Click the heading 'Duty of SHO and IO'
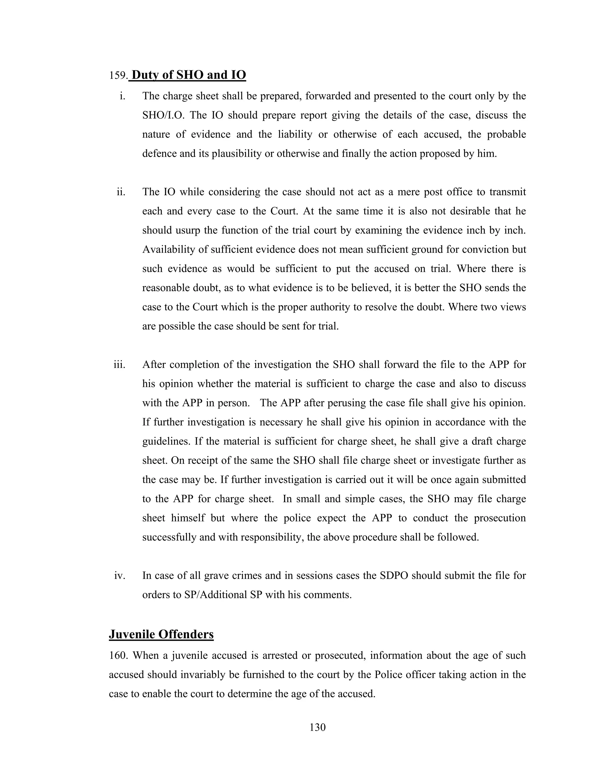coord(189,75)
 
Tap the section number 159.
coord(118,76)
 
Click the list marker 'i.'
coord(122,96)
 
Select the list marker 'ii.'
coord(121,192)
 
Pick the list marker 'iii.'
coord(120,365)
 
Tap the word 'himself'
coord(188,518)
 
